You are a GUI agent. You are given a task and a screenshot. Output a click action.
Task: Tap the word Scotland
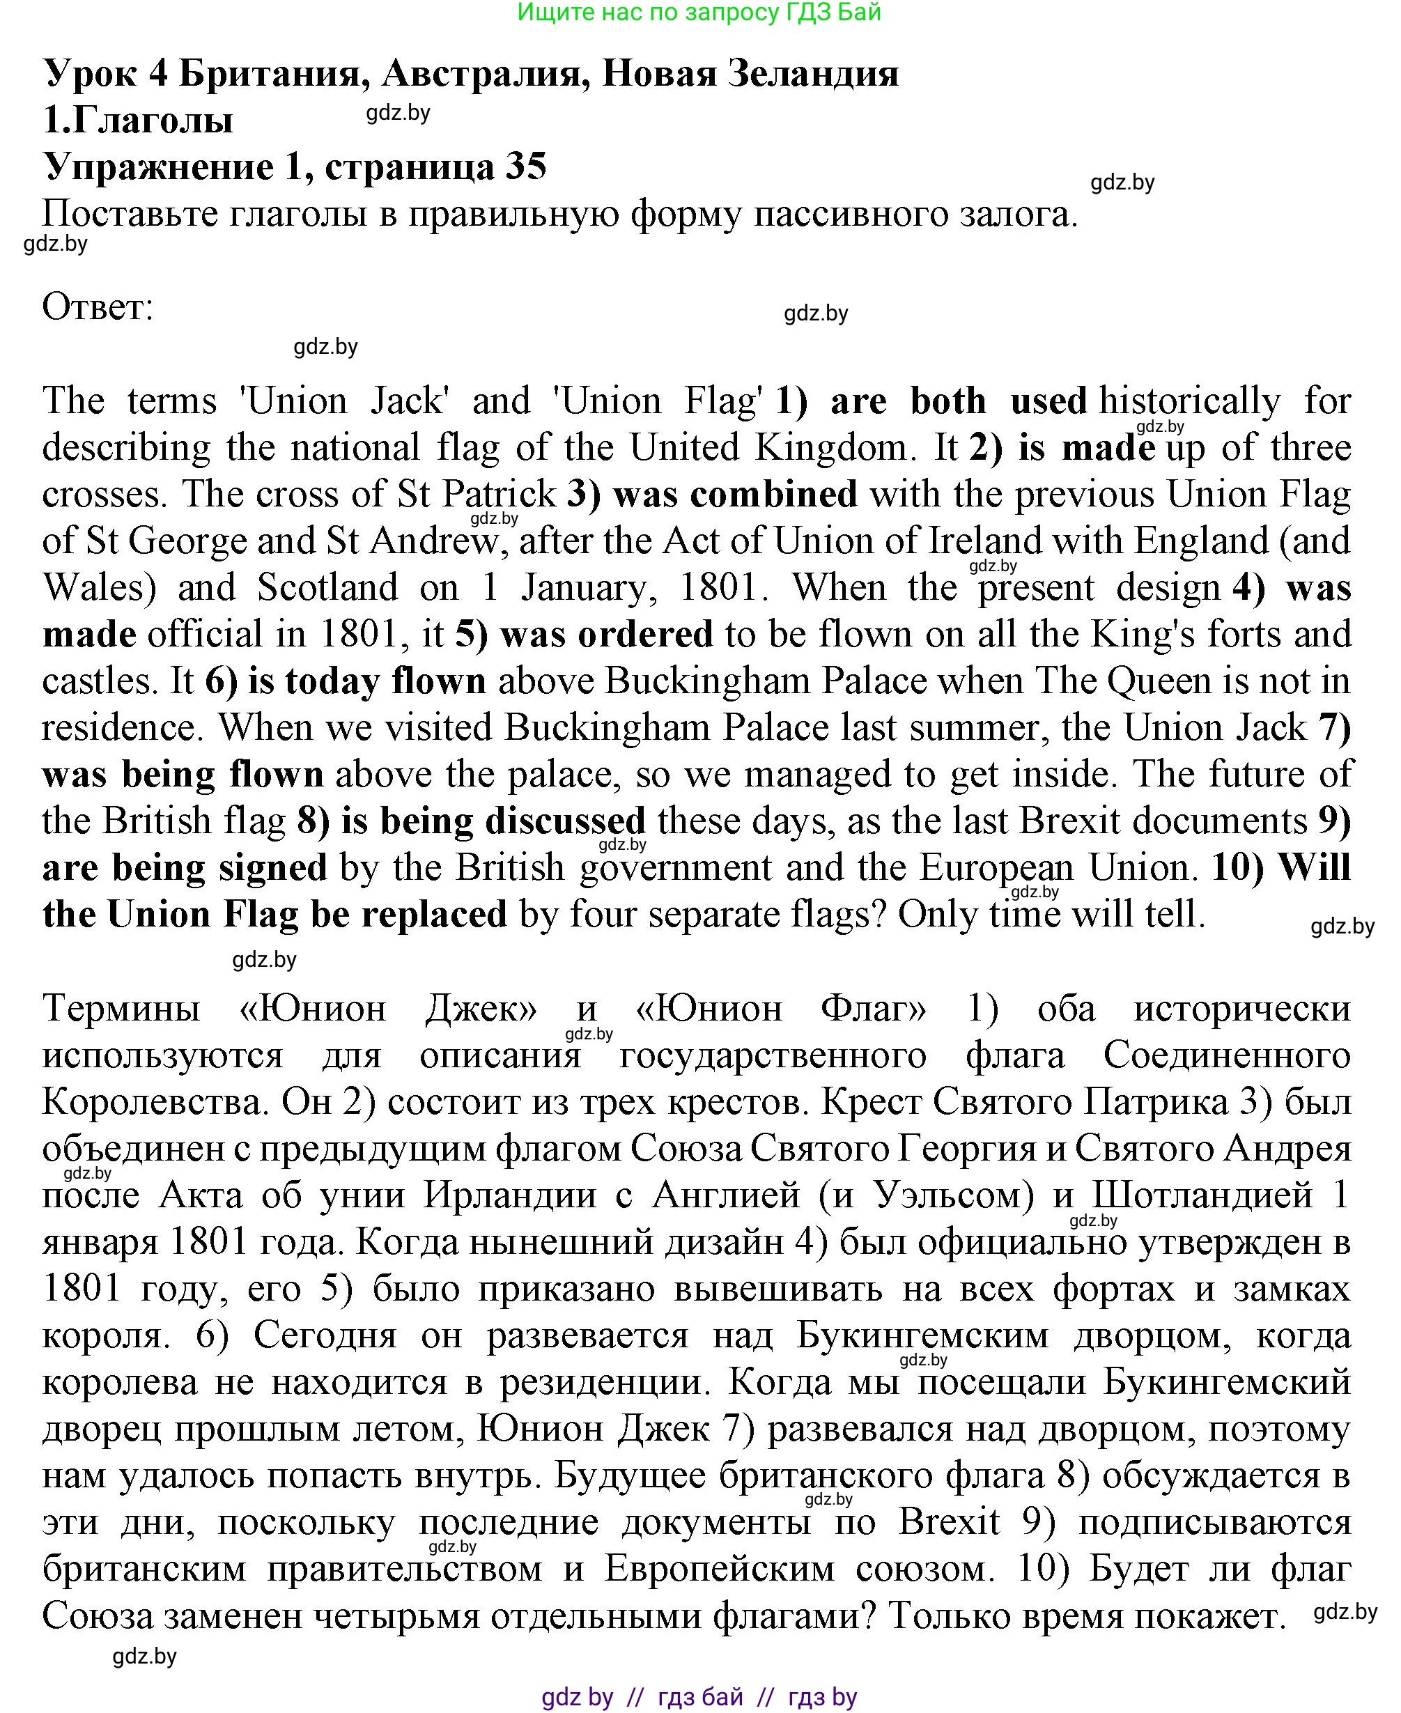coord(327,587)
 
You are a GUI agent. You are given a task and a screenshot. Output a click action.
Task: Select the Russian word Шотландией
coord(1202,1195)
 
